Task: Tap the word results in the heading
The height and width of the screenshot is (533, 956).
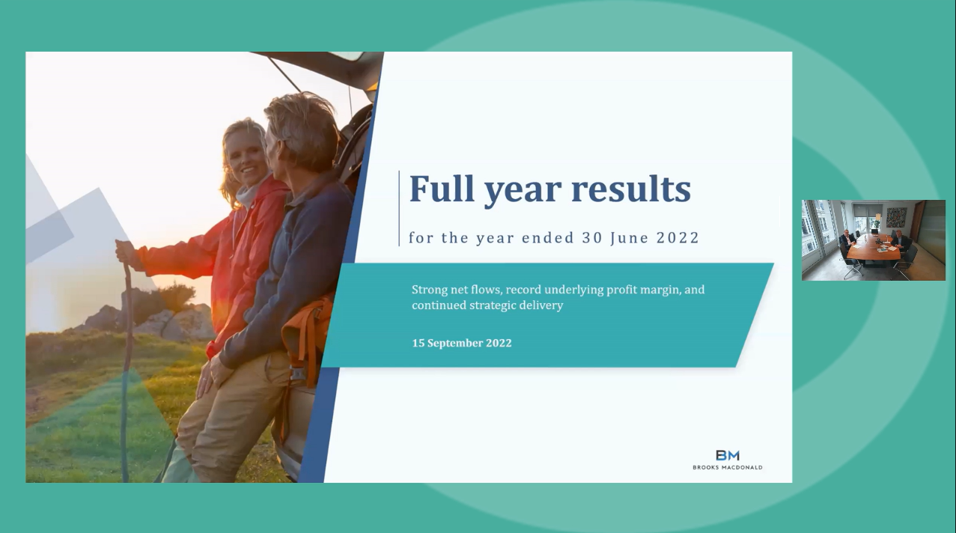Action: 631,188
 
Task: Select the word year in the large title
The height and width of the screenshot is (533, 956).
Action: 523,192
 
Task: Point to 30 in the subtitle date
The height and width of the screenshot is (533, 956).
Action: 592,237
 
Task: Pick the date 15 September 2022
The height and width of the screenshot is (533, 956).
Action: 462,343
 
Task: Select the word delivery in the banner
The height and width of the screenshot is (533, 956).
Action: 541,305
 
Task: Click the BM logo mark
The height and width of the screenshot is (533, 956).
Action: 727,455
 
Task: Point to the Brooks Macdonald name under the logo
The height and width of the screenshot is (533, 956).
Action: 727,467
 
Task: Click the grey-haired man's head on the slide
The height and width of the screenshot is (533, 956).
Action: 301,130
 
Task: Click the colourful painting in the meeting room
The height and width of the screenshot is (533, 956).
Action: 896,217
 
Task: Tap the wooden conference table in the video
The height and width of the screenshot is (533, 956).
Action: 873,249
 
